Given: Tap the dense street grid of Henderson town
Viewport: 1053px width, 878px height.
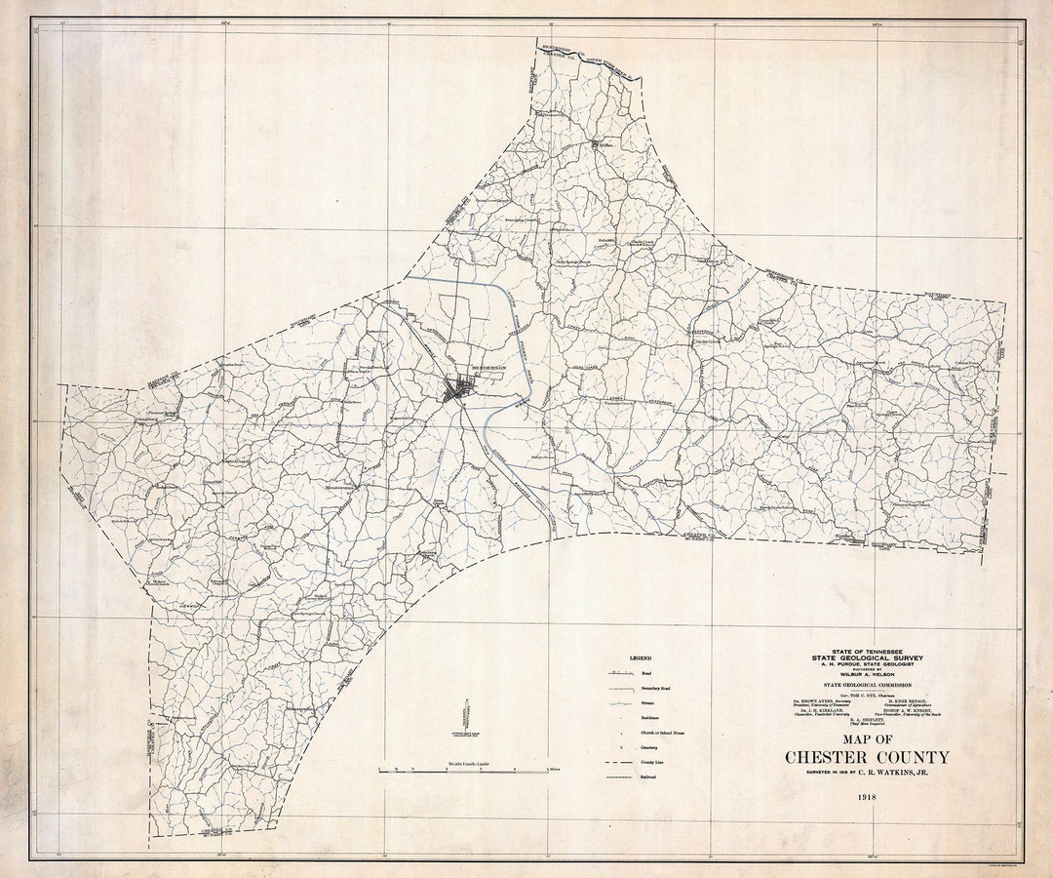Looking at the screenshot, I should pos(456,390).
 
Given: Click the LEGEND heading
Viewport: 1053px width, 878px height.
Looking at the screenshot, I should pos(640,658).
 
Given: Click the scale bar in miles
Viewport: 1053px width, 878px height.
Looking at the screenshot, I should pos(463,771).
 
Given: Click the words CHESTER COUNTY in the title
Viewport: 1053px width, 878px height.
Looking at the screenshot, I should pos(867,757).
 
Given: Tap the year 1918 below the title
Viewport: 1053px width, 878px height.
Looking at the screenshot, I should pos(867,797).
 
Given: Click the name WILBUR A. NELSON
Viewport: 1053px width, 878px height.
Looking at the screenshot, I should pos(867,674).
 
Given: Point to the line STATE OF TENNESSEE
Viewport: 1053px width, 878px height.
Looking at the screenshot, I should pos(867,652).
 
